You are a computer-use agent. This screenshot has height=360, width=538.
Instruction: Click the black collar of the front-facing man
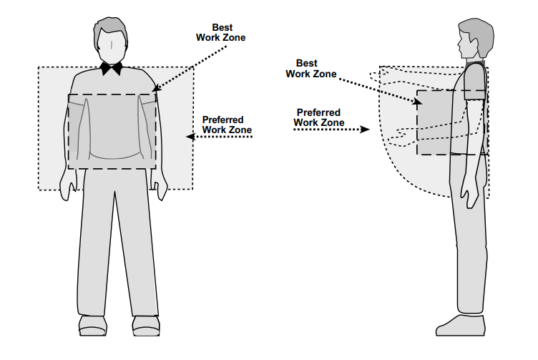coord(111,68)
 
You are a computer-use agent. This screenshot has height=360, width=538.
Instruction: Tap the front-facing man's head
coord(110,41)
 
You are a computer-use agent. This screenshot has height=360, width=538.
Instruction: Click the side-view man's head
coord(475,39)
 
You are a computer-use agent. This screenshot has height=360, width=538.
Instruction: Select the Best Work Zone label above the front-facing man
coord(220,33)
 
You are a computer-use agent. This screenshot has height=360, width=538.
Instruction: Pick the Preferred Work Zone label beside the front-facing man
coord(227,125)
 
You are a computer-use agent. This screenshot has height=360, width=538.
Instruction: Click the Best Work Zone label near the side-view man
coord(311,68)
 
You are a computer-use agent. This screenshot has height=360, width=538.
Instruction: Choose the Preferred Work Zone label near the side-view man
coord(319,117)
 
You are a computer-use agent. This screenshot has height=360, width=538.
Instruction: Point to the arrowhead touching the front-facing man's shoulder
coord(156,88)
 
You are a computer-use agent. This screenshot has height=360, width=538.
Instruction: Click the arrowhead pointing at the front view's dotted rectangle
coord(190,137)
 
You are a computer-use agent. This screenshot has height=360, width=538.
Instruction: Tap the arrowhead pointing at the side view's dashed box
coord(418,101)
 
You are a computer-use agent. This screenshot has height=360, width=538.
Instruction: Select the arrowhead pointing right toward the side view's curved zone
coord(365,130)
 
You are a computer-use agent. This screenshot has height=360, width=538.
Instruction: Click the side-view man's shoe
coord(461,326)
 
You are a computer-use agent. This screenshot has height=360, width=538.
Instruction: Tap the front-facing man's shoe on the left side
coord(92,326)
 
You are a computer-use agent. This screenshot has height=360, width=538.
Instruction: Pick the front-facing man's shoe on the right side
coord(146,326)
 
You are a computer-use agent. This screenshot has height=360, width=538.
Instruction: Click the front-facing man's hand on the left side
coord(68,185)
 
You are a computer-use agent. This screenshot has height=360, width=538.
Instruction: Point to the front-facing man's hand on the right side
coord(159,185)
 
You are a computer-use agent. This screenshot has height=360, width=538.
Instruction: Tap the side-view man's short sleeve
coord(475,82)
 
